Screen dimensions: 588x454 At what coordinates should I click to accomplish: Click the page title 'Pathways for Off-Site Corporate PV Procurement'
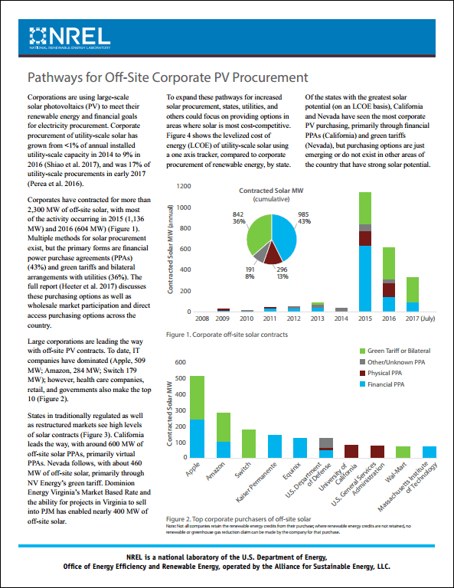(x=168, y=77)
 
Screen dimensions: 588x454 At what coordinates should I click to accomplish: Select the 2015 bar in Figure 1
(x=365, y=252)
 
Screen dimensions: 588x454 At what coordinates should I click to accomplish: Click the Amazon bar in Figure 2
(x=223, y=436)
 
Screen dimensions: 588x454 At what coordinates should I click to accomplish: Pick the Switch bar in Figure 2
(x=249, y=444)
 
